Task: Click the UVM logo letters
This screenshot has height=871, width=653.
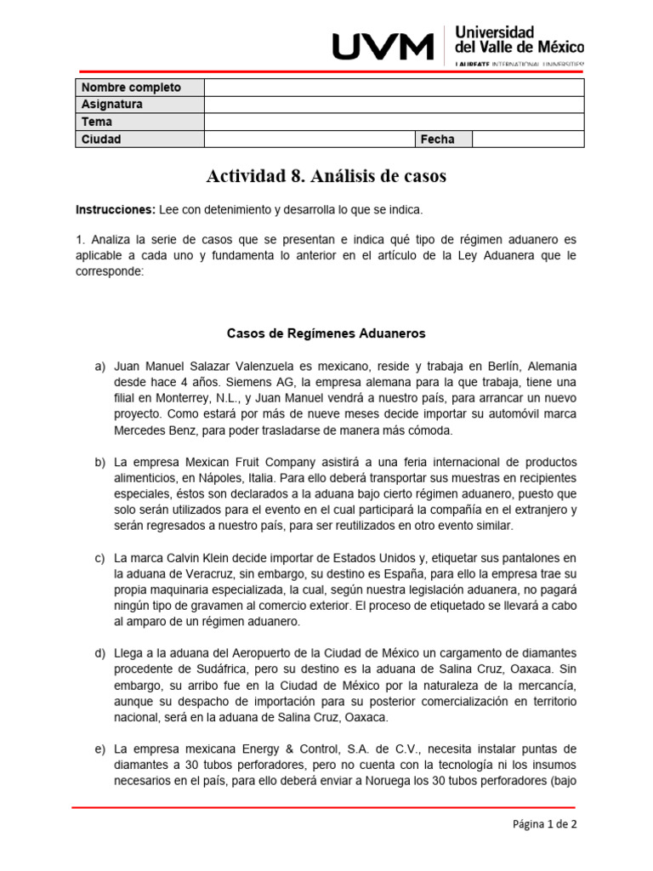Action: click(x=383, y=47)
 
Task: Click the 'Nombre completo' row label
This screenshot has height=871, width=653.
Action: click(x=130, y=88)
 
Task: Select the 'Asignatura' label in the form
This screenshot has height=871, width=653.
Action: click(x=111, y=105)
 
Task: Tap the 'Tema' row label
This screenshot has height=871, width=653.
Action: click(x=96, y=122)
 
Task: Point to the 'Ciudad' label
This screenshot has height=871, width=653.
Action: click(x=101, y=139)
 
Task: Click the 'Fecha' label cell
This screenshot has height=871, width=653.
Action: click(x=437, y=139)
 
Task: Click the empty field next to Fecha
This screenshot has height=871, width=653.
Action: click(x=528, y=139)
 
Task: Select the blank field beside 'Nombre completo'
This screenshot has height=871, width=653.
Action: click(x=394, y=88)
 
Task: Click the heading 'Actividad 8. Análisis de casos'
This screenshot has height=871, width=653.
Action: click(x=326, y=177)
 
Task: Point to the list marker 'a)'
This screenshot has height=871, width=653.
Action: click(x=99, y=366)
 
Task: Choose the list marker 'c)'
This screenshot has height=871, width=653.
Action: click(x=99, y=558)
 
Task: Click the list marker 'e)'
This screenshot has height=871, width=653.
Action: click(x=99, y=749)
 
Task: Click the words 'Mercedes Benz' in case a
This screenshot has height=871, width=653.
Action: click(x=152, y=430)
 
